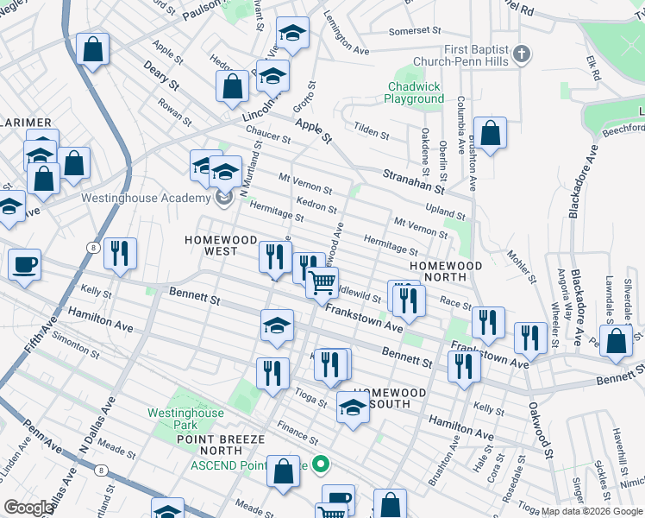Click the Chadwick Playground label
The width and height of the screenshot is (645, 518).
414,92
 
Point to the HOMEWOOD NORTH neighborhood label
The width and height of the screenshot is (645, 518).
444,271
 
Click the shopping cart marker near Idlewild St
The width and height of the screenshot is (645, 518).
322,281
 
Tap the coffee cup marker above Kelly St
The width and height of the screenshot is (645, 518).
24,263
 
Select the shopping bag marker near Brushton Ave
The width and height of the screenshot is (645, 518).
489,135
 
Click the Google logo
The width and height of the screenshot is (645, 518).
28,508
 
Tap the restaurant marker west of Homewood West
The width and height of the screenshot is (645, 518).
119,253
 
